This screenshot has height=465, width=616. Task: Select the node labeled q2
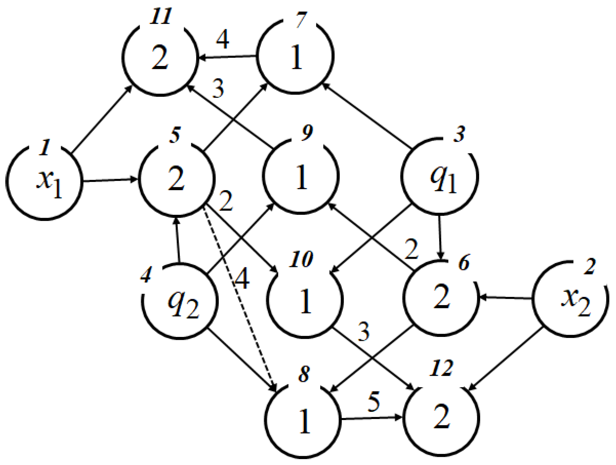point(180,301)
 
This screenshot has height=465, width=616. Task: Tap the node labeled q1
point(440,176)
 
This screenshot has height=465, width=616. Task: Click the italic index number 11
point(161,16)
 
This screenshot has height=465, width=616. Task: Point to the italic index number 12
point(441,368)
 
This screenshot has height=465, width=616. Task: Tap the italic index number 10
point(301,259)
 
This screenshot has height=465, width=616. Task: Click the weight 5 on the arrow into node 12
point(374,401)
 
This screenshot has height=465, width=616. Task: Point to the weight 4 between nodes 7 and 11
point(222,39)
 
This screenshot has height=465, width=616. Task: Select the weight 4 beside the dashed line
point(242,278)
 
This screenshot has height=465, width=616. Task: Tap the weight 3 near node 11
point(218,89)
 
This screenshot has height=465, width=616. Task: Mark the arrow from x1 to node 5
point(110,180)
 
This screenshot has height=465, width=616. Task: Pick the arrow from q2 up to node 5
point(178,240)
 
